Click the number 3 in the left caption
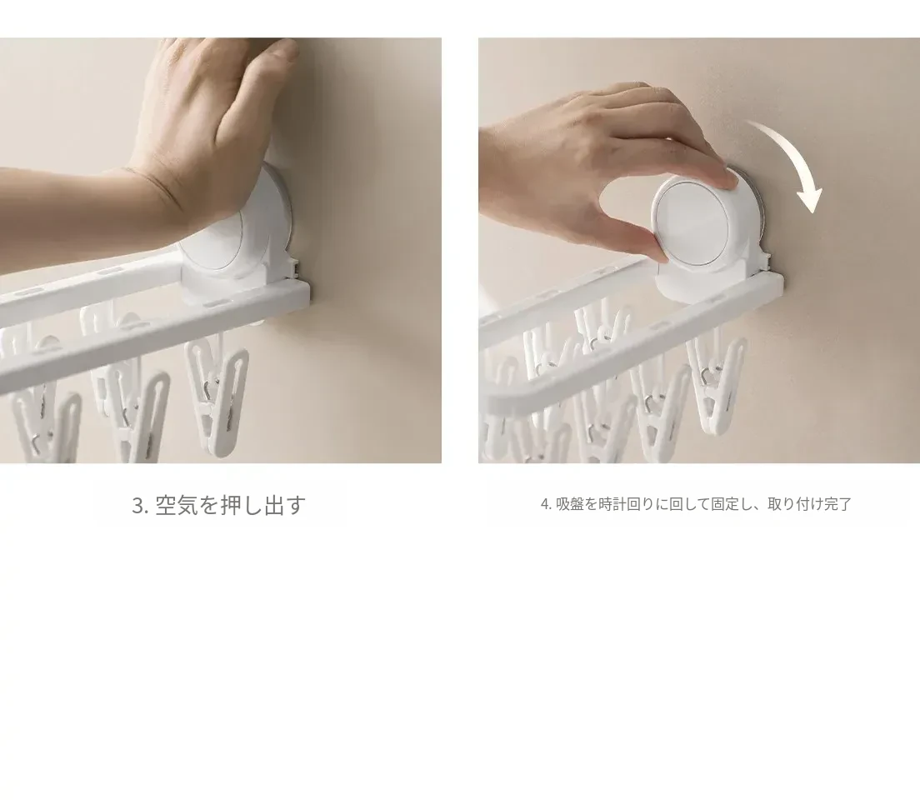click(137, 505)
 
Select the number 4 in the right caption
click(544, 504)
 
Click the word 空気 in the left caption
click(176, 505)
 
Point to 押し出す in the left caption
click(263, 505)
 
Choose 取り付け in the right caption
click(795, 504)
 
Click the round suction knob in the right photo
click(697, 221)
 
